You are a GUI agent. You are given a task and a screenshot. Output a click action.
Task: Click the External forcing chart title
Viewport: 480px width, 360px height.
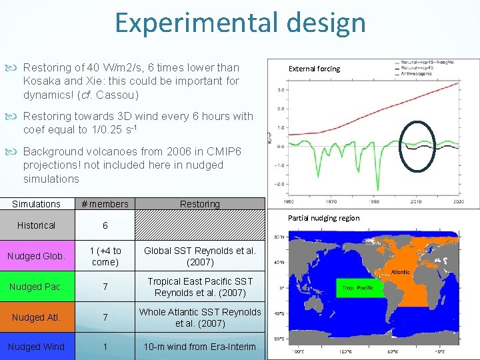(x=313, y=69)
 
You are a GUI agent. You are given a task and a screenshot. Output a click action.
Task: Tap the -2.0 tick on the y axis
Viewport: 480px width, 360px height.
(x=281, y=184)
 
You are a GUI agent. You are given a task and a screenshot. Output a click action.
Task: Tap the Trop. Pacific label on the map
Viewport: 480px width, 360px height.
(x=358, y=288)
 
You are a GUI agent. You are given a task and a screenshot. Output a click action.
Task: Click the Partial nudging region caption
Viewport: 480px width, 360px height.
(x=323, y=218)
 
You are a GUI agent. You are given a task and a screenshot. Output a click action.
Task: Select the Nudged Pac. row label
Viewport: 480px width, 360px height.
(x=36, y=287)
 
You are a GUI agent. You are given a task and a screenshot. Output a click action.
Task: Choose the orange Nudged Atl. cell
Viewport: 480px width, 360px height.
(x=36, y=317)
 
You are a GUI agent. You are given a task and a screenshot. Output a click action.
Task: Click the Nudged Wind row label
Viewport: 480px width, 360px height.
(x=36, y=347)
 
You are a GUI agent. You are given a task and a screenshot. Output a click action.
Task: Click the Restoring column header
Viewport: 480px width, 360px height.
(x=199, y=204)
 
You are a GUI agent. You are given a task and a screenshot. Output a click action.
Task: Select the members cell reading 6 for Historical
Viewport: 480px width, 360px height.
(x=104, y=226)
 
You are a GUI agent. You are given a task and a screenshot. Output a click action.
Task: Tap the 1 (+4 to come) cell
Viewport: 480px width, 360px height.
(x=104, y=256)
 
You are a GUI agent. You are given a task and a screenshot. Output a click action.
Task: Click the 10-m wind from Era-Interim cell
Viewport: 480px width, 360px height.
(x=200, y=347)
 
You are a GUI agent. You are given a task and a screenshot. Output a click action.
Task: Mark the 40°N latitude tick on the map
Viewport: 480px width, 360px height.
(x=281, y=261)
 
